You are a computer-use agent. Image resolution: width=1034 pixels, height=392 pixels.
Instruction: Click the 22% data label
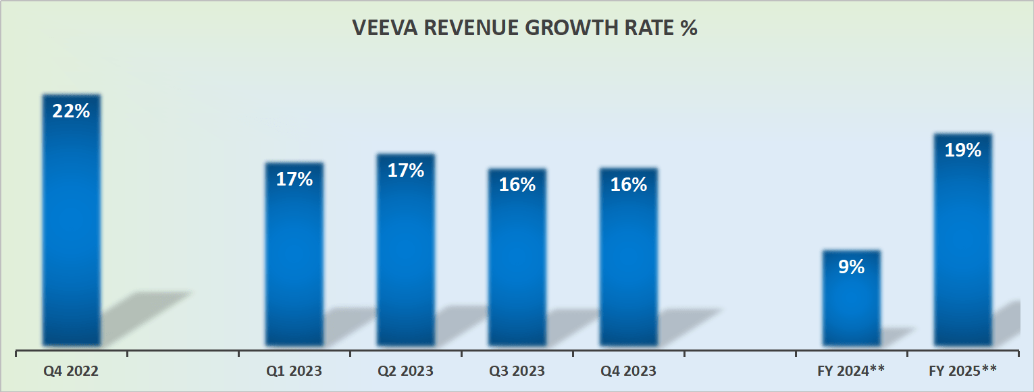click(72, 111)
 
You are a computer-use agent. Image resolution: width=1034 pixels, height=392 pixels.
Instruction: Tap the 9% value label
click(852, 267)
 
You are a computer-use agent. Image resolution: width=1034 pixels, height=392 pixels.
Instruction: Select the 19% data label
click(963, 150)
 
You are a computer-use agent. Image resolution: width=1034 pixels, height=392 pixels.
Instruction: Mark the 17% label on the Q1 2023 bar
click(294, 179)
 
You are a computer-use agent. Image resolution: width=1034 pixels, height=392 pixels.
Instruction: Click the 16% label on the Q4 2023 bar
click(629, 185)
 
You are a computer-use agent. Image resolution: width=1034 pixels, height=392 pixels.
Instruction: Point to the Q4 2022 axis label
click(72, 371)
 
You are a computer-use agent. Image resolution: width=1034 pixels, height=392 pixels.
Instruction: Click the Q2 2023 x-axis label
click(406, 371)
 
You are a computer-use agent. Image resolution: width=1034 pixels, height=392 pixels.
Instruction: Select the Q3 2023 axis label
click(517, 371)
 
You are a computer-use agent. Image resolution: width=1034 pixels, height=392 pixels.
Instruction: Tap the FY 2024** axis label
click(852, 370)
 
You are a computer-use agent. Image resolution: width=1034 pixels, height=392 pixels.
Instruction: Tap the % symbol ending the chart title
click(688, 29)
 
